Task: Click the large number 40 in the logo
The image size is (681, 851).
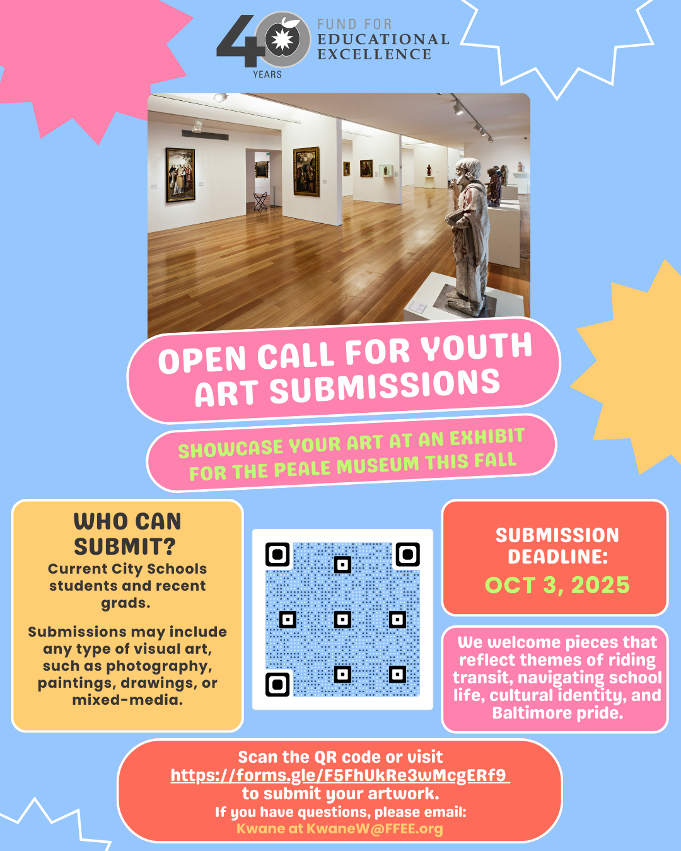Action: [252, 41]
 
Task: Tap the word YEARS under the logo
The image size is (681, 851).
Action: [267, 74]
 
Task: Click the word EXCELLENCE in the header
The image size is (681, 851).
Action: [375, 55]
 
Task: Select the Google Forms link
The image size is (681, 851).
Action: [339, 775]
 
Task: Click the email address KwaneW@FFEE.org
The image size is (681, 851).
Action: [375, 829]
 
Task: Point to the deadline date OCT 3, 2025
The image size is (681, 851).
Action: [557, 585]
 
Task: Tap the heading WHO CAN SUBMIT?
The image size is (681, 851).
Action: [127, 533]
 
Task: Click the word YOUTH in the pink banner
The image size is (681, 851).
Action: [477, 347]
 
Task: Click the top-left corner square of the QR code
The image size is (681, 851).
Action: [277, 555]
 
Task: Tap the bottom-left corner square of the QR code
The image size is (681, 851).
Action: [277, 684]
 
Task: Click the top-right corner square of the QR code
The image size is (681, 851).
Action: [407, 555]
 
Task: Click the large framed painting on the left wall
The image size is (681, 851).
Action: [180, 175]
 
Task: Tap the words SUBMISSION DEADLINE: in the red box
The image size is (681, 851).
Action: [557, 546]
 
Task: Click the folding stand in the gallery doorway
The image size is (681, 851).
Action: [260, 201]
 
